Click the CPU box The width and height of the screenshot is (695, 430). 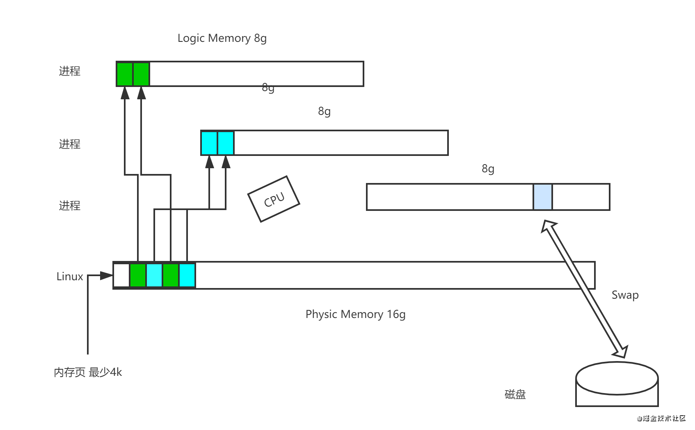(x=274, y=199)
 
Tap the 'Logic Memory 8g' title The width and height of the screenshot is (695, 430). (x=222, y=38)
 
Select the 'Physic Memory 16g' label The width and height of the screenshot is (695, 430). (x=355, y=314)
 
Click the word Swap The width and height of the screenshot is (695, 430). (x=625, y=295)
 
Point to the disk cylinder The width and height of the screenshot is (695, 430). (x=617, y=384)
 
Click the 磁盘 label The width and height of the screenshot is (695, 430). (x=515, y=394)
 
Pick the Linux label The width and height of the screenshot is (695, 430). (x=70, y=277)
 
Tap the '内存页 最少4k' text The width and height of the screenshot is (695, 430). (x=88, y=373)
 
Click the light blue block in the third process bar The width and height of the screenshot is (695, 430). (x=543, y=197)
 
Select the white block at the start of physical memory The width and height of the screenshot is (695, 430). (x=121, y=275)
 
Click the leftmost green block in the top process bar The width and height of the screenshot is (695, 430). (x=125, y=74)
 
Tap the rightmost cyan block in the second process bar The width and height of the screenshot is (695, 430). (x=226, y=143)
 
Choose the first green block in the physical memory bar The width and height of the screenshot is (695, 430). (x=138, y=275)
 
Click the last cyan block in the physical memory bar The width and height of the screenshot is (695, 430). (x=187, y=275)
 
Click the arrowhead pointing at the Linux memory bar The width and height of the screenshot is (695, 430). (x=107, y=276)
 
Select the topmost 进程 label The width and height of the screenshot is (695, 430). (x=70, y=71)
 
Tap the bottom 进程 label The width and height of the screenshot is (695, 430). (x=70, y=206)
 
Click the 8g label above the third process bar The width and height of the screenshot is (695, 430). (x=488, y=169)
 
